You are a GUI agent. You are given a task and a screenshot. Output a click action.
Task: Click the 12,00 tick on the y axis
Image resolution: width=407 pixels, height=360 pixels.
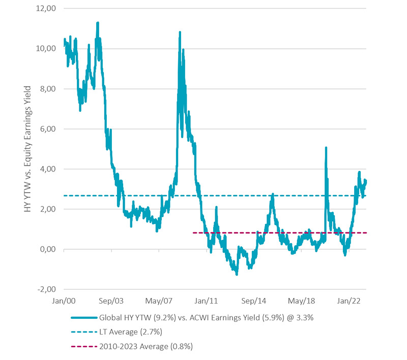(47, 9)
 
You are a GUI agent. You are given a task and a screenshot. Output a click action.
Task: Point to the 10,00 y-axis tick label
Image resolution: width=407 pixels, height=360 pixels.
(47, 49)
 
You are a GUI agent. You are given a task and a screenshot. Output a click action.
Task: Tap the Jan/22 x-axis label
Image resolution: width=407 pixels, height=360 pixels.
(351, 301)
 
